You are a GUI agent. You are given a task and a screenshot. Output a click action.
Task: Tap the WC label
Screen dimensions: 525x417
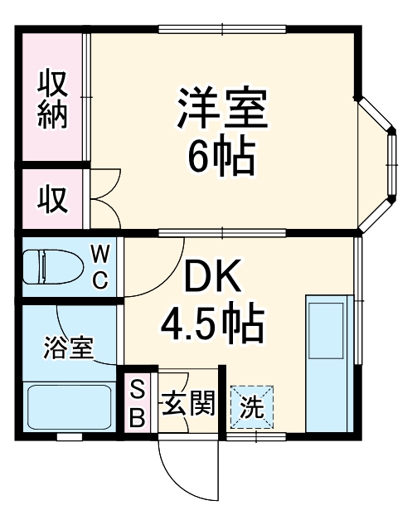(99, 265)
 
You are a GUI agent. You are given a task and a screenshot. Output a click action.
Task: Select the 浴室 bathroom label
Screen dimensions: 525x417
(68, 347)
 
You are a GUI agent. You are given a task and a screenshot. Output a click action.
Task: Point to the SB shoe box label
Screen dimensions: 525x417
(138, 402)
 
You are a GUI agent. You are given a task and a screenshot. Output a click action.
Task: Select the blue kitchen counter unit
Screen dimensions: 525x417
(326, 362)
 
